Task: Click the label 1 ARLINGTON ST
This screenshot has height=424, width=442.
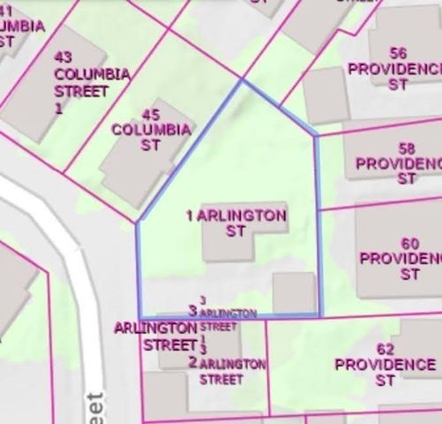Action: (x=236, y=223)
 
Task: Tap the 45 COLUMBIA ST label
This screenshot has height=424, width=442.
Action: (x=151, y=137)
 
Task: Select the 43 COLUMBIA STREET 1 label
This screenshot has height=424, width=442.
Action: (x=91, y=82)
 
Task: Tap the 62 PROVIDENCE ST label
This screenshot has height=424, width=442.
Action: (x=384, y=372)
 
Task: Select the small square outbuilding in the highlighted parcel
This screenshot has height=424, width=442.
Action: (x=293, y=292)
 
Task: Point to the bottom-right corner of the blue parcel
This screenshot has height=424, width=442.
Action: (x=321, y=315)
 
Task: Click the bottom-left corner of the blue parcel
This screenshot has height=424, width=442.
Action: (x=139, y=316)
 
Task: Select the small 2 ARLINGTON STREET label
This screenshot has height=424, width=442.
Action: (x=227, y=371)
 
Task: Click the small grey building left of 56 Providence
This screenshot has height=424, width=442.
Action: (x=326, y=95)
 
